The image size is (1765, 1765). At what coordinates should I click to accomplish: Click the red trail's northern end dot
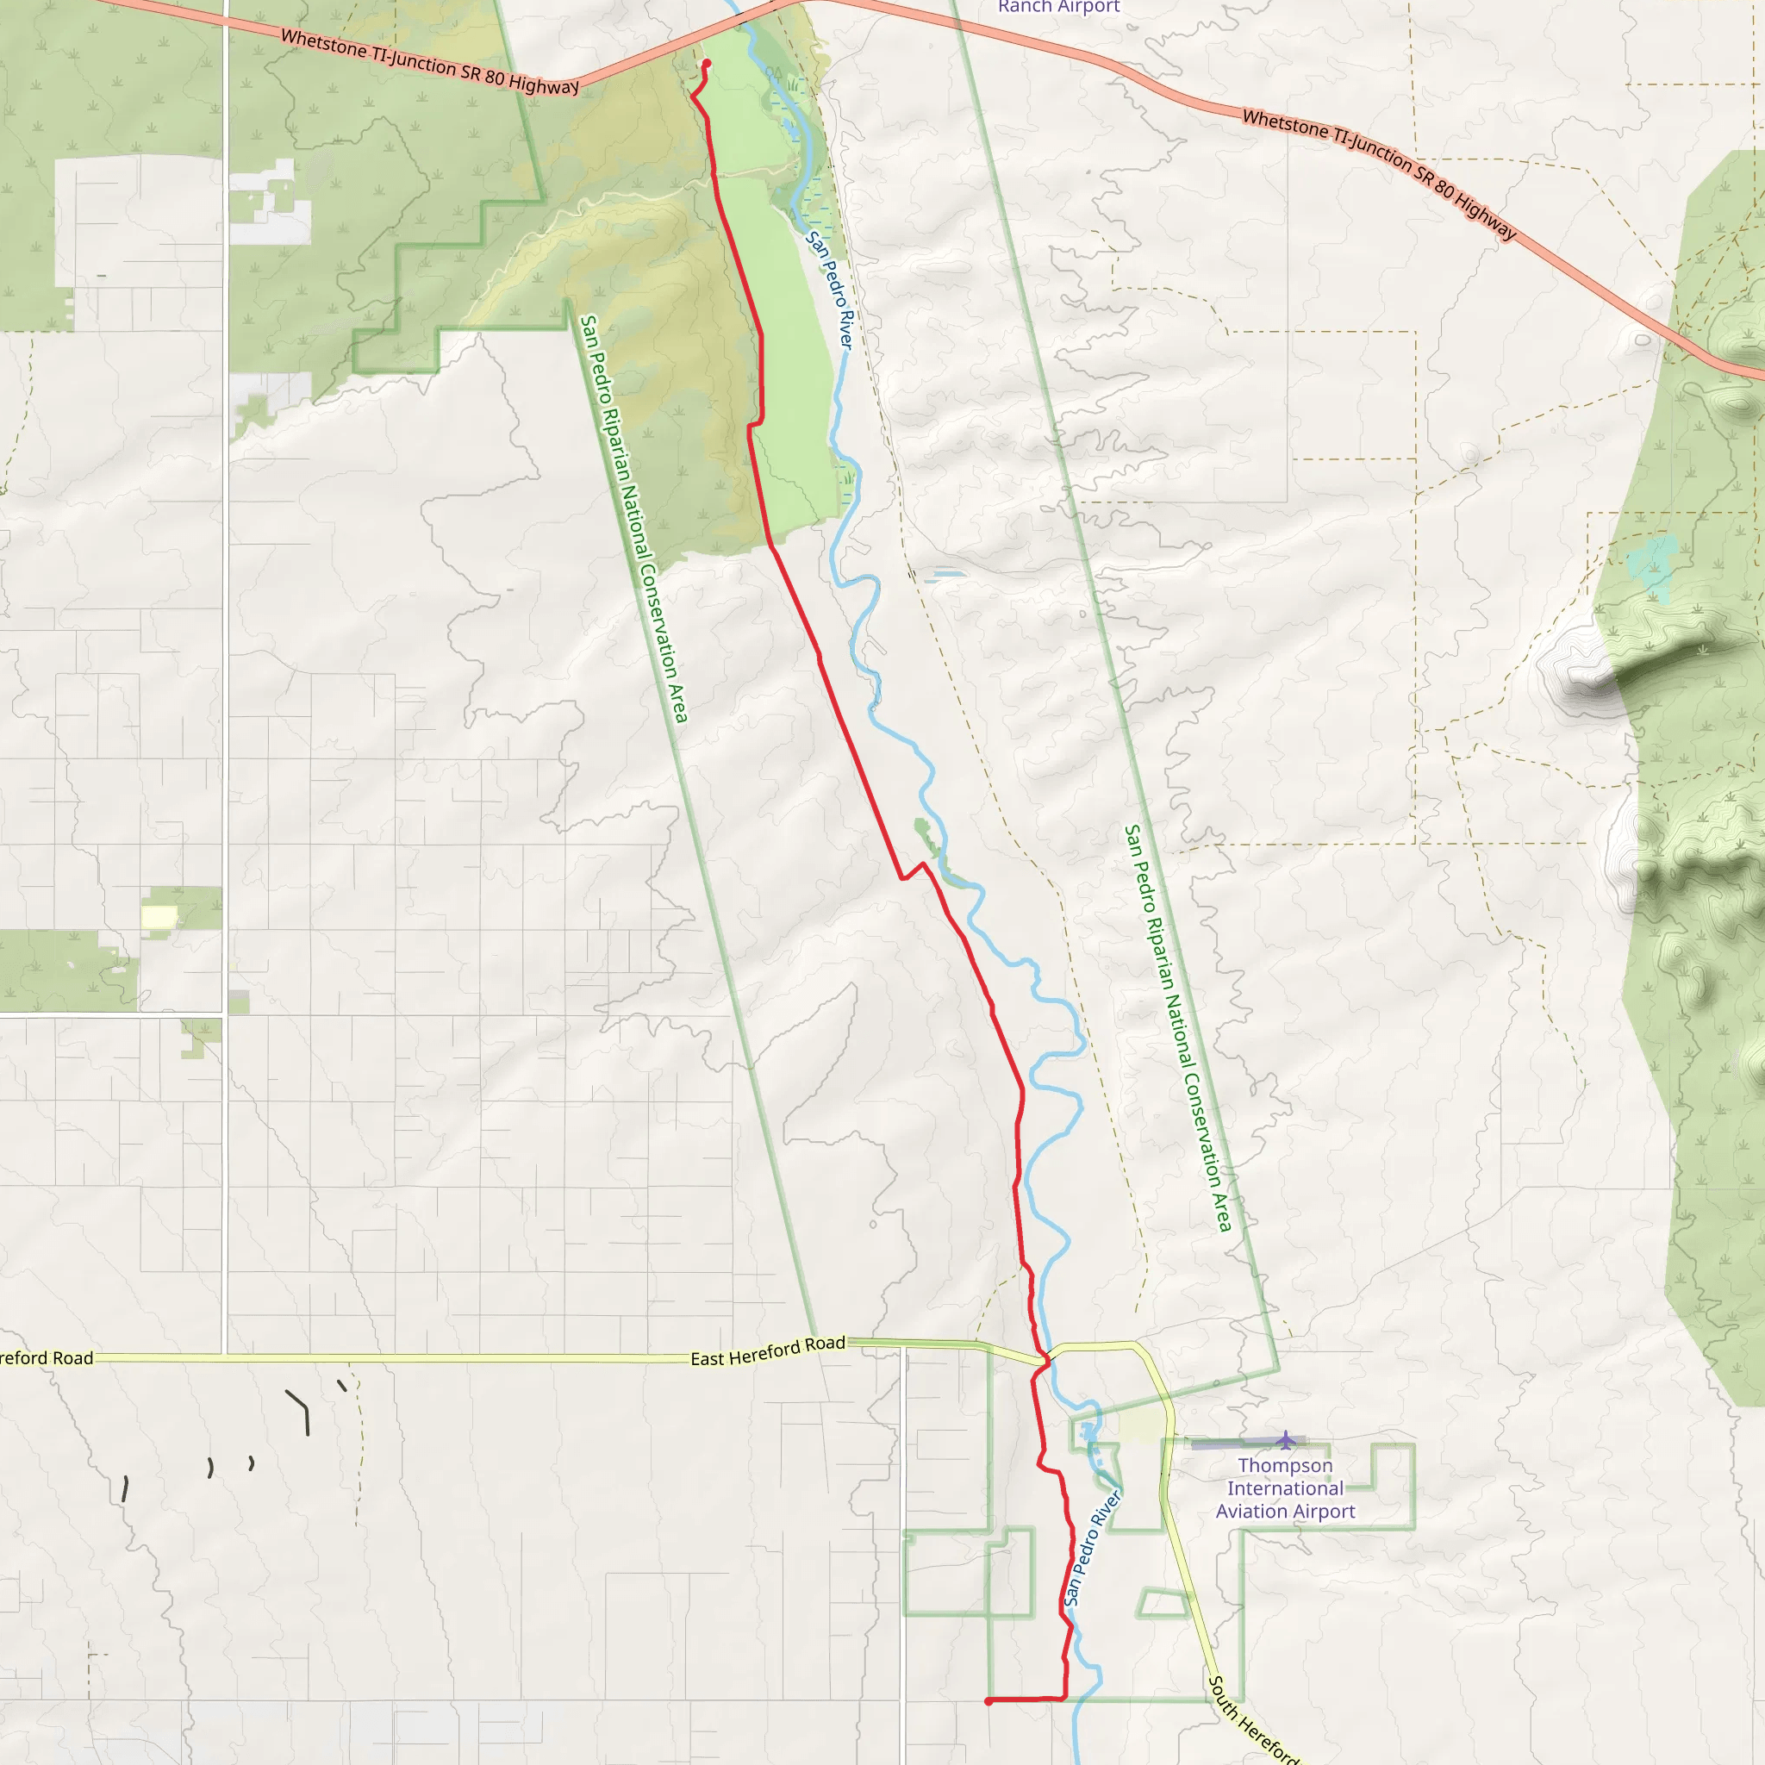706,63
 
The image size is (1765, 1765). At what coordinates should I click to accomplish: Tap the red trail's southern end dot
989,1701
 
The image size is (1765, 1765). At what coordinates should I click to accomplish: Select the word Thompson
1284,1465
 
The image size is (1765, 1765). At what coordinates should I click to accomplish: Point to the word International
1284,1488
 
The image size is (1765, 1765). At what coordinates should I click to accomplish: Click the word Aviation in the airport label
1253,1512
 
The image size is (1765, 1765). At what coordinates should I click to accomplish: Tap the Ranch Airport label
1058,7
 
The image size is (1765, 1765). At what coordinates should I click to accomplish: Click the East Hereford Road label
767,1351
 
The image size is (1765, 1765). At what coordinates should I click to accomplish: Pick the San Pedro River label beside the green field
830,290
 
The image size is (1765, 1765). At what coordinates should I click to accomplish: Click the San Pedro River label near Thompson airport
1092,1550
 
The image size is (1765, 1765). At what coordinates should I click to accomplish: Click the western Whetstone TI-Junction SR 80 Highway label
429,62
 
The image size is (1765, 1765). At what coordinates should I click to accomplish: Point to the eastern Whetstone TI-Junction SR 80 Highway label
1380,174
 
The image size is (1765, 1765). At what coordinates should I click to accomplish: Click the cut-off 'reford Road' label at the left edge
46,1358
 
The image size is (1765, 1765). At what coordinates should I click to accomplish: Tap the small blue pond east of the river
945,576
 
